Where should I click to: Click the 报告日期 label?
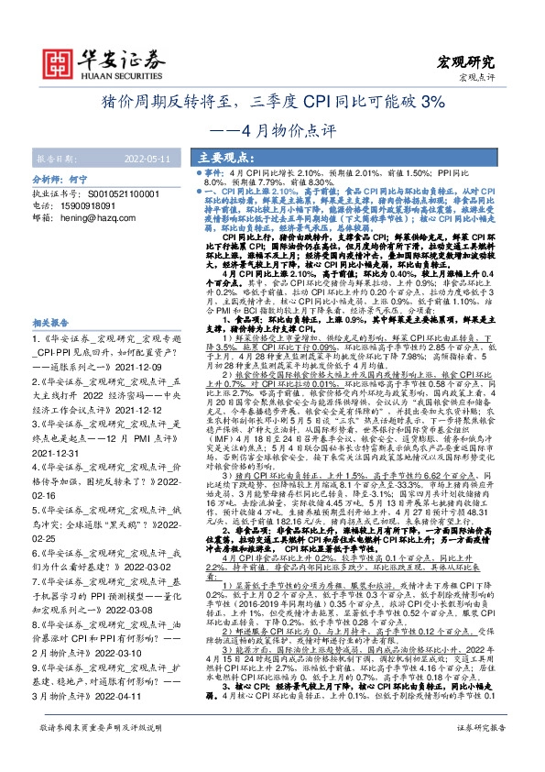tap(56, 158)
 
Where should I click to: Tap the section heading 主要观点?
tap(223, 157)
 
